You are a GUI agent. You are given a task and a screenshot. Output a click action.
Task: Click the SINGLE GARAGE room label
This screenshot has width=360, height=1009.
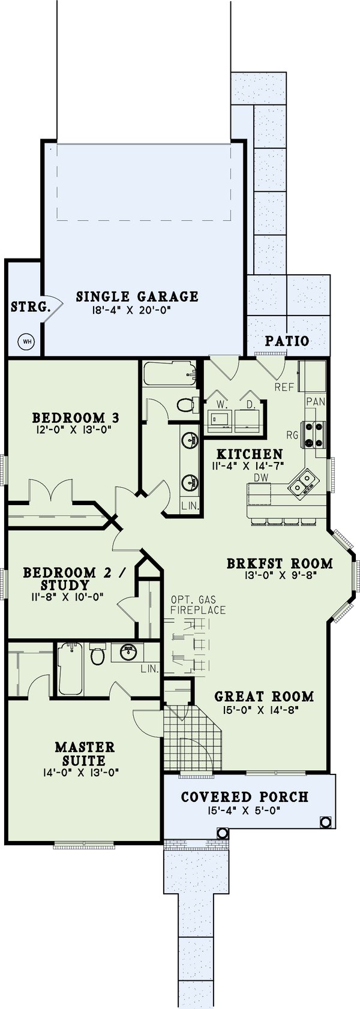pyautogui.click(x=137, y=296)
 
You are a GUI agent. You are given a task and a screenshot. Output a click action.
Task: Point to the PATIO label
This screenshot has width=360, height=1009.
pyautogui.click(x=287, y=341)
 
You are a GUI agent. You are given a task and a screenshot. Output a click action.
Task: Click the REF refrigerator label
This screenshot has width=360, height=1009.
pyautogui.click(x=284, y=387)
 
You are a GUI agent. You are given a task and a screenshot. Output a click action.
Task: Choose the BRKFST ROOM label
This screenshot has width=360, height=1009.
pyautogui.click(x=280, y=563)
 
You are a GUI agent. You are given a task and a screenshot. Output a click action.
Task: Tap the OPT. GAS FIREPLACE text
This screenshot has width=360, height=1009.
pyautogui.click(x=197, y=605)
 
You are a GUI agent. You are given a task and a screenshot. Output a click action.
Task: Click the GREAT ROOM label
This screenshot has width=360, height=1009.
pyautogui.click(x=264, y=696)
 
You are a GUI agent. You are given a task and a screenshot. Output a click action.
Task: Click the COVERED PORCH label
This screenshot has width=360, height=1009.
pyautogui.click(x=244, y=797)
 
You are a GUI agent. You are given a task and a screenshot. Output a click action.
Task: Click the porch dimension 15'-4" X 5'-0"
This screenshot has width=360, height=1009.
pyautogui.click(x=244, y=810)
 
